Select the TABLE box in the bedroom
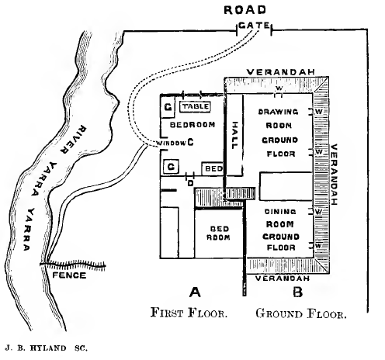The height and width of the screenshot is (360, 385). click(195, 106)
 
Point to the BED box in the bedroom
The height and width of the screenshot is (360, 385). click(213, 168)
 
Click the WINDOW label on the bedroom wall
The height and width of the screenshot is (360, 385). click(170, 143)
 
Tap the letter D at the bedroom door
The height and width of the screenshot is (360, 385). click(190, 184)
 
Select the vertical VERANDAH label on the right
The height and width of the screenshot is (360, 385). click(334, 175)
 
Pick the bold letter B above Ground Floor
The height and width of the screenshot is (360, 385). click(296, 292)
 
